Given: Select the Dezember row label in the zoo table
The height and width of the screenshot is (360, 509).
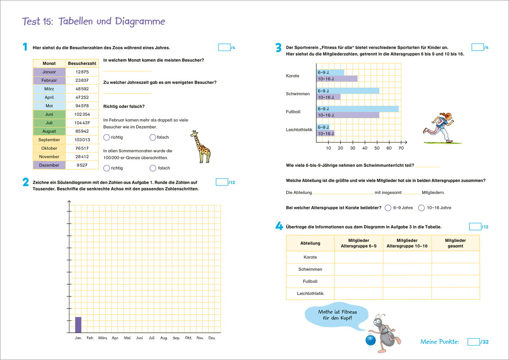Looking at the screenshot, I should tap(49, 165).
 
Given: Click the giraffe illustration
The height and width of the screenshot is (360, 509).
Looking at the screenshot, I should tap(200, 147).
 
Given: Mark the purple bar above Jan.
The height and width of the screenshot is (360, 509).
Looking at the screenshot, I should tap(78, 325).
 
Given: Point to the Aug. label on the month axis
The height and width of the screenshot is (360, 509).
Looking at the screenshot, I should tap(164, 338).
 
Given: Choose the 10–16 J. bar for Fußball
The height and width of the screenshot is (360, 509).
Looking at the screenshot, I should tap(348, 115).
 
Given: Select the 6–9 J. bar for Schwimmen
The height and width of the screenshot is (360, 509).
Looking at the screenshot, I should tap(348, 91).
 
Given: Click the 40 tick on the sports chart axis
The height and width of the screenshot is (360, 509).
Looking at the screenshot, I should tap(365, 148).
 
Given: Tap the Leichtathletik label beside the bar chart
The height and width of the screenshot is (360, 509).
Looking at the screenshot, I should tap(299, 130).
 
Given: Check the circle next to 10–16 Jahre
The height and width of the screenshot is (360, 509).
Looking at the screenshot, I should tap(421, 208).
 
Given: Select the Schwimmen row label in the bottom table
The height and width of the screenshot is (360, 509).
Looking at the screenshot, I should tap(310, 269).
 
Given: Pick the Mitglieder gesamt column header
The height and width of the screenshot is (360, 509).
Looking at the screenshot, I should tap(455, 243).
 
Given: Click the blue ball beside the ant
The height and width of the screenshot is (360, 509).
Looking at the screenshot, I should tap(370, 340).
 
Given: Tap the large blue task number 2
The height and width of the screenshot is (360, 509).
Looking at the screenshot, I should tap(26, 182).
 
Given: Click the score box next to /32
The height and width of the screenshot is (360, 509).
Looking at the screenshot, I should tap(474, 342).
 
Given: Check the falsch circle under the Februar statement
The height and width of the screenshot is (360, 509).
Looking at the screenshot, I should tap(153, 137).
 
